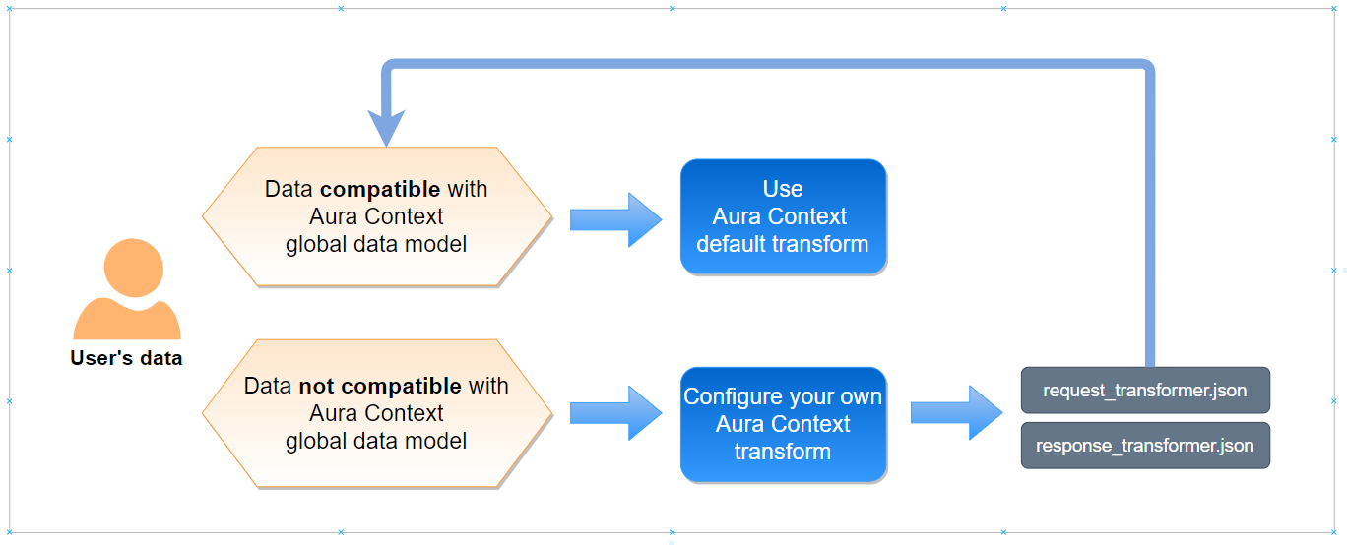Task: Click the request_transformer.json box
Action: tap(1145, 390)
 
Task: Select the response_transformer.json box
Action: tap(1145, 446)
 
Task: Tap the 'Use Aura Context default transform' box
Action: tap(783, 216)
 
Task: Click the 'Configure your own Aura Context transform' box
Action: tap(783, 424)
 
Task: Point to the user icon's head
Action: tap(134, 268)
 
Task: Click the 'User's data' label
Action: tap(126, 358)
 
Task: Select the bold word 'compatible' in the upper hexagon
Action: tap(380, 189)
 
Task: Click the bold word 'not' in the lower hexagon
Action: tap(316, 386)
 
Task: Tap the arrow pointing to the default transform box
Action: tap(615, 219)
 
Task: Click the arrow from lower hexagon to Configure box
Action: tap(615, 413)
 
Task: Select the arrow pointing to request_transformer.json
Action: tap(957, 413)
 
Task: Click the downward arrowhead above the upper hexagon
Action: tap(386, 127)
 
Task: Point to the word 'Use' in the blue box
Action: tap(783, 189)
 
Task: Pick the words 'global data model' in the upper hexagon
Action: tap(376, 245)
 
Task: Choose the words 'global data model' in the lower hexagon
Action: tap(376, 441)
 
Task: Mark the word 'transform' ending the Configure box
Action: tap(783, 452)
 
